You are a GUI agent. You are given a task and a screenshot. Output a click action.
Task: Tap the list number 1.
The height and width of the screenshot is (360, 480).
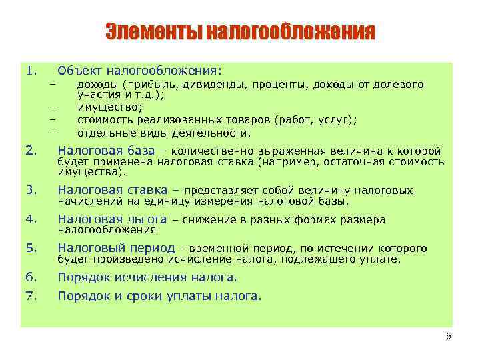[x=30, y=69]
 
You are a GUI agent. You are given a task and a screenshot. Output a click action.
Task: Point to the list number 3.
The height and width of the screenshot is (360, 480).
[x=30, y=190]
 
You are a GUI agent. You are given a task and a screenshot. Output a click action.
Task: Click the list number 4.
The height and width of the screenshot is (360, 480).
[x=30, y=219]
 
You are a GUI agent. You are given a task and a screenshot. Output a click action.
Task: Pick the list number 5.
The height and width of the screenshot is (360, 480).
[x=30, y=249]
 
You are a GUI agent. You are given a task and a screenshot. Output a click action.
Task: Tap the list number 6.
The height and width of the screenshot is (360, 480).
[x=30, y=277]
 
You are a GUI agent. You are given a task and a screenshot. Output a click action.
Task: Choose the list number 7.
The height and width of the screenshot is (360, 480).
[x=30, y=295]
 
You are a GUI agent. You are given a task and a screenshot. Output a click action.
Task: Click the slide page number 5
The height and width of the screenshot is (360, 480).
[x=448, y=337]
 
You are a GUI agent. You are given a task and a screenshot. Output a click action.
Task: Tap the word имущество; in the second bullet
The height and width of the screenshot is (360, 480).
[x=110, y=107]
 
